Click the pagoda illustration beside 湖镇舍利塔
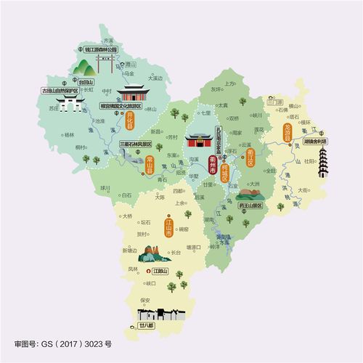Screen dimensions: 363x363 pyautogui.click(x=322, y=163)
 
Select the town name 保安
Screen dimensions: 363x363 pyautogui.click(x=144, y=298)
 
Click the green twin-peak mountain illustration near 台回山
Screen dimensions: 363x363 pyautogui.click(x=86, y=68)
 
